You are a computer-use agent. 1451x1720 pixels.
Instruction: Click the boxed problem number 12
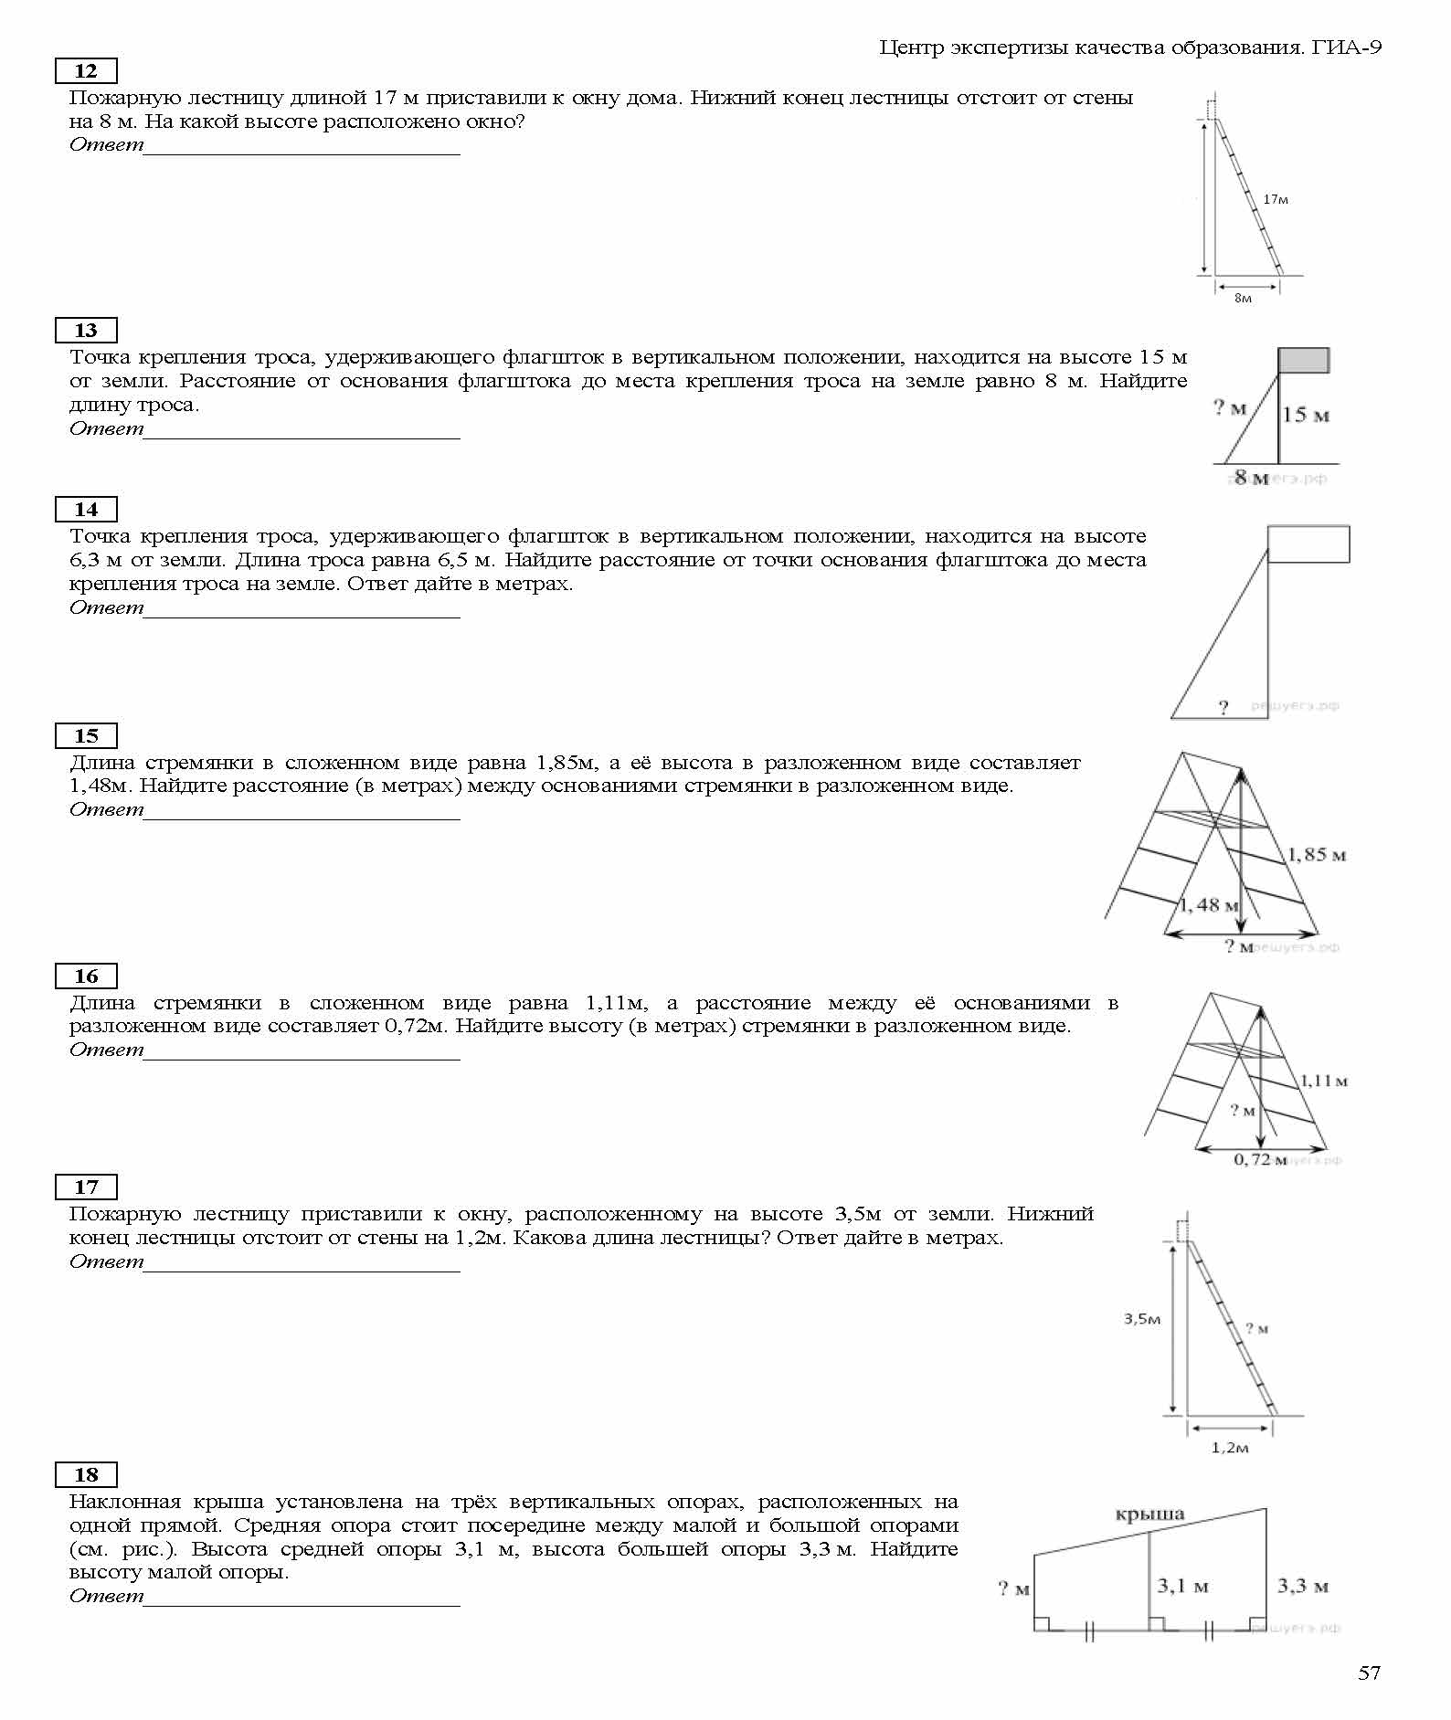(x=86, y=71)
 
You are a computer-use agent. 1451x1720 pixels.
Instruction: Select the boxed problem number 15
(x=86, y=735)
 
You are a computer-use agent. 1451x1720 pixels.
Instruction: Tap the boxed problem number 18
(x=86, y=1474)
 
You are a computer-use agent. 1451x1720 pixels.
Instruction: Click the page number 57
(x=1369, y=1673)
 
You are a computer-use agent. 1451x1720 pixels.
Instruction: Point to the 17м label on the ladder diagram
(x=1276, y=199)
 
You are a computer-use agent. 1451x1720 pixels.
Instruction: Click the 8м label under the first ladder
(x=1243, y=299)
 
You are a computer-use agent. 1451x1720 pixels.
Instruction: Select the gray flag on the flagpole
(x=1303, y=360)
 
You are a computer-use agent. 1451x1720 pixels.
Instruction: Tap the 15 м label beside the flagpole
(x=1305, y=415)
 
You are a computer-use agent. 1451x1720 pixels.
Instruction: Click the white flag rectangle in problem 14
(x=1308, y=544)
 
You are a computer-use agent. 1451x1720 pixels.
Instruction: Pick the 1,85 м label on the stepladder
(x=1317, y=855)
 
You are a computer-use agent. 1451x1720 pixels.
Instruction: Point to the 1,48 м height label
(x=1209, y=905)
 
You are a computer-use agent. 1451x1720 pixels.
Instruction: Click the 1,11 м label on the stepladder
(x=1324, y=1081)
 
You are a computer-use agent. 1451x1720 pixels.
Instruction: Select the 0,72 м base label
(x=1259, y=1159)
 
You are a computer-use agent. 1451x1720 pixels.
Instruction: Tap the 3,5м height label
(x=1142, y=1319)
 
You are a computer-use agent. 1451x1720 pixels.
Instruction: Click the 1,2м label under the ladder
(x=1229, y=1448)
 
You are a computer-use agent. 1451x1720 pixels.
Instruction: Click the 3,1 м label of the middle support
(x=1182, y=1586)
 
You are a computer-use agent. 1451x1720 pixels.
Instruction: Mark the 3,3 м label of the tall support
(x=1302, y=1586)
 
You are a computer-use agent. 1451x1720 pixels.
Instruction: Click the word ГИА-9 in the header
(x=1347, y=47)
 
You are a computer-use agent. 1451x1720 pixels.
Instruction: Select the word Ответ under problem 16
(x=106, y=1050)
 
